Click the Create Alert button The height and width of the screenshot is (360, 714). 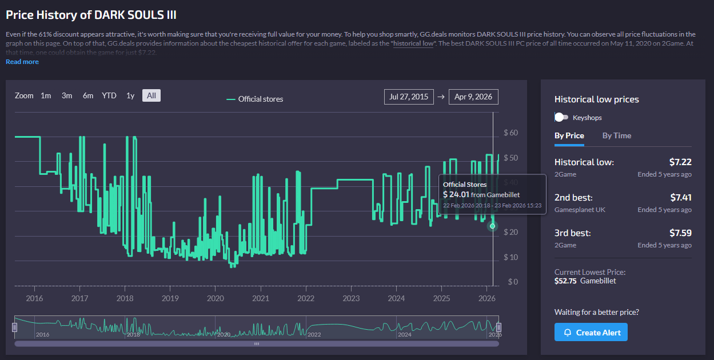coord(591,332)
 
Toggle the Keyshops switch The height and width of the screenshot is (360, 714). coord(561,117)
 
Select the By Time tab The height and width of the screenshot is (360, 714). coord(616,135)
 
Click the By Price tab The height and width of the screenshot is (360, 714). coord(569,135)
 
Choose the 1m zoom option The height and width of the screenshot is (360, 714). coord(46,95)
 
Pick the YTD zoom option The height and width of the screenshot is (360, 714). coord(109,95)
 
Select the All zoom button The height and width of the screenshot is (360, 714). coord(151,95)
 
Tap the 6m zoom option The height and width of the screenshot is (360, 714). coord(88,95)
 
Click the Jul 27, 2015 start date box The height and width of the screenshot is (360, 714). coord(409,97)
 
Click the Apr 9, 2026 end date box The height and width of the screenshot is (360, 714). coord(473,97)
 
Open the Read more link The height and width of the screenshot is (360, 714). coord(22,62)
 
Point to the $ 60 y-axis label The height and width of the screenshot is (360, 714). coord(510,133)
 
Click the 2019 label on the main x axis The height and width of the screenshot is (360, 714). coord(170,298)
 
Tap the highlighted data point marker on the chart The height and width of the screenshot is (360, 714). coord(492,226)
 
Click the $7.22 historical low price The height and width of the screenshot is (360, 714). coord(680,162)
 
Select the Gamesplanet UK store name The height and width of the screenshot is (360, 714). coord(580,210)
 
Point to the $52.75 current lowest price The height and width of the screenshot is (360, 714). coord(565,281)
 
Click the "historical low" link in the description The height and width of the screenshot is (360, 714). coord(413,43)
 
